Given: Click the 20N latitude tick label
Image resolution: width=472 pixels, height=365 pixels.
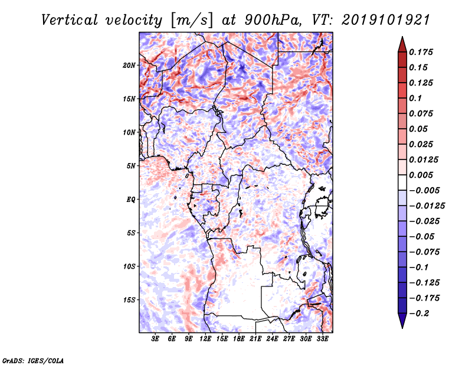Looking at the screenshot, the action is coord(129,66).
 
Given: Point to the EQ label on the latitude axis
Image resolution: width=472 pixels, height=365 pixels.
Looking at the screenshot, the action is coord(130,200).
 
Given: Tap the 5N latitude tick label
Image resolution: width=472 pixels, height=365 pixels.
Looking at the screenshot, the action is coord(131,166).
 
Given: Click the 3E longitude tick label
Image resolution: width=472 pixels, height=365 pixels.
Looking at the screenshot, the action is coord(155,338).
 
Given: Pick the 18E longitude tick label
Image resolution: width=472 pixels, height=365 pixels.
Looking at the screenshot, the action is coord(239,338).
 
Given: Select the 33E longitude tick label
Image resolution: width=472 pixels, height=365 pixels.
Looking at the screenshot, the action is coord(322,338).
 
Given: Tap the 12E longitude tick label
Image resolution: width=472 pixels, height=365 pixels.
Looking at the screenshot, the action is coord(205,338).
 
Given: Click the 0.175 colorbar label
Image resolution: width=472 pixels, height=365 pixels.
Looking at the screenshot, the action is coord(421,52).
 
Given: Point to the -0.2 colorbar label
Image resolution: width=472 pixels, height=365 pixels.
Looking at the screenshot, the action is coord(419,314).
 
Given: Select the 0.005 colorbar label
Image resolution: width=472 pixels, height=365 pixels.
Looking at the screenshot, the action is coord(421,175).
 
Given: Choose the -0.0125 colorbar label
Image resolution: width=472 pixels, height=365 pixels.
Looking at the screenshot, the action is coord(427,206).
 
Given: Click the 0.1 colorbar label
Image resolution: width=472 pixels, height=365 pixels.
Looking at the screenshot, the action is coord(415,98).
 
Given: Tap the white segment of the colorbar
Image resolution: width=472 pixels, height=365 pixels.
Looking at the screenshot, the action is coord(402,182).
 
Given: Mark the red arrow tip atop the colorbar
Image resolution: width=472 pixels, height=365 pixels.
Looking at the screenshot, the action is coord(402,37).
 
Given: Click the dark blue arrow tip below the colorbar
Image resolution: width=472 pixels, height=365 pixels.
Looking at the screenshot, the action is coord(402,328).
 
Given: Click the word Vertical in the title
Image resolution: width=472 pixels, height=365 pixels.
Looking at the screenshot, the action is coord(69,20).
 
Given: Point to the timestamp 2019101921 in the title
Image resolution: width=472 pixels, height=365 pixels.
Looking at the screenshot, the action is coord(386,20).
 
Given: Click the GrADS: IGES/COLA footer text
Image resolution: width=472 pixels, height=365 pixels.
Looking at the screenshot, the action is coord(32,360).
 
